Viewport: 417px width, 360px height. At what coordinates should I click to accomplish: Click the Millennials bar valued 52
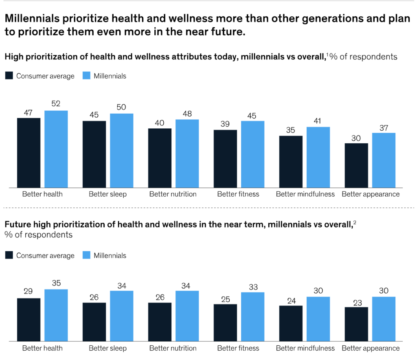56,149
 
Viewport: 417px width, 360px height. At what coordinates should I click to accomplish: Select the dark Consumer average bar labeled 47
29,153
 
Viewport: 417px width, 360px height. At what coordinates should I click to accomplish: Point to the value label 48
187,114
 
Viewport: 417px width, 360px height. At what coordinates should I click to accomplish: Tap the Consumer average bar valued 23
356,324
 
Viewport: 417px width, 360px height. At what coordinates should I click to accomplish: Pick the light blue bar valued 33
253,317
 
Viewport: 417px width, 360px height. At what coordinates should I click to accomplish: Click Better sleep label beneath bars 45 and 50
108,194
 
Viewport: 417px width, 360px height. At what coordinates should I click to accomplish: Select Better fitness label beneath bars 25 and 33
238,348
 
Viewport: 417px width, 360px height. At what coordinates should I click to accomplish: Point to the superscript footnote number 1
327,54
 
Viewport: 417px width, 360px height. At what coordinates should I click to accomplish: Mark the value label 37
384,127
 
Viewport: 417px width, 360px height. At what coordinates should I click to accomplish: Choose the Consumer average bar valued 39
225,159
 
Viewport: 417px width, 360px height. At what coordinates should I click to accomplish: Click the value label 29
29,292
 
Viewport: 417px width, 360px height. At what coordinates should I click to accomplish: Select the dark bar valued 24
291,323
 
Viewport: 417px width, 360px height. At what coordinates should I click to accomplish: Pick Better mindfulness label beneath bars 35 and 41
305,194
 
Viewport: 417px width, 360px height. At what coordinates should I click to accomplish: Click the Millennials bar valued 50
122,151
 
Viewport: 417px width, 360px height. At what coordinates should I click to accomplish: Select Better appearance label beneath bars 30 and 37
371,194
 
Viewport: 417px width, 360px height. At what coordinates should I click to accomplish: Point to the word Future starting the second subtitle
16,224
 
